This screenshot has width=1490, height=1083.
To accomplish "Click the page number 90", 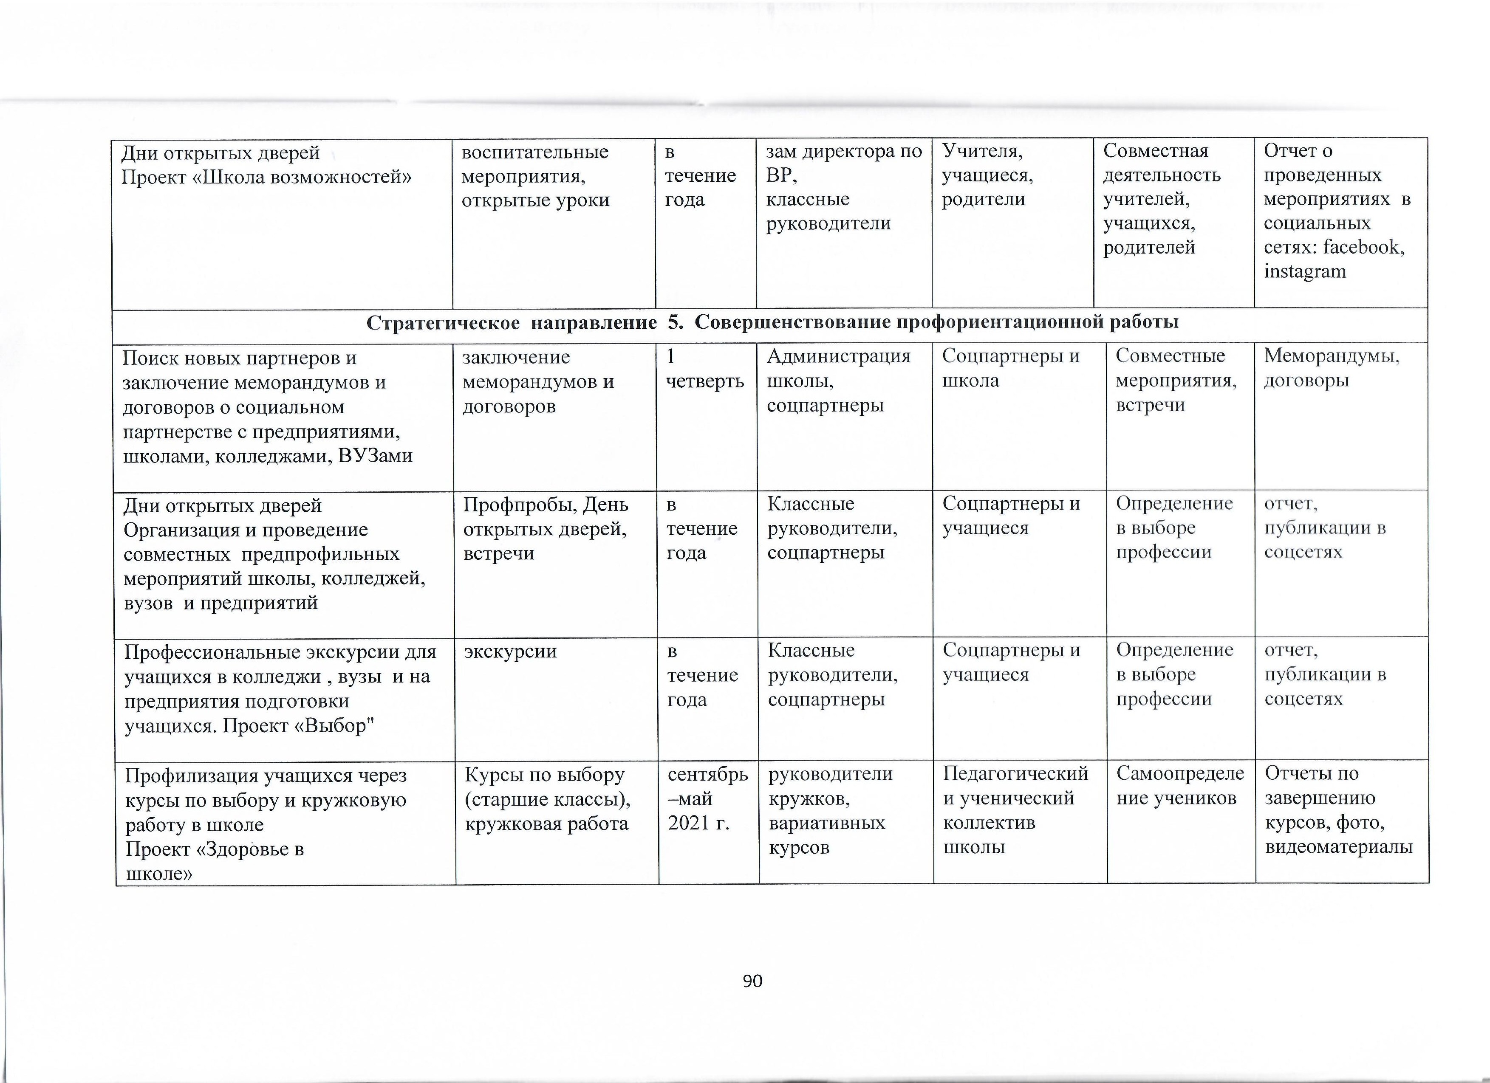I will coord(752,981).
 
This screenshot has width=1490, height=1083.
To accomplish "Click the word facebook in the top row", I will coord(1363,247).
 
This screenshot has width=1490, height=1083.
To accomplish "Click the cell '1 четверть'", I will coord(704,369).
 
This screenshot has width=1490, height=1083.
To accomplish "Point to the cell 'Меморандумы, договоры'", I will coord(1332,369).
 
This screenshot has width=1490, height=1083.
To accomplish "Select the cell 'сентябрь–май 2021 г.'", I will coord(707,798).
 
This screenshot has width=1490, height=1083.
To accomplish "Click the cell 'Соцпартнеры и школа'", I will coord(1010,369).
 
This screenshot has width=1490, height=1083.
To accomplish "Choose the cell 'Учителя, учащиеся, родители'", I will coord(987,175).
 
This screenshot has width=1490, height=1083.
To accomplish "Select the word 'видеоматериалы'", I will coord(1338,847).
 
